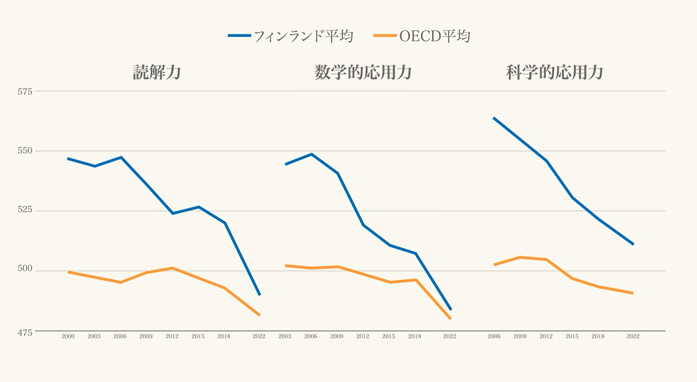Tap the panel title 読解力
(x=157, y=72)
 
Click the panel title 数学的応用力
(x=363, y=72)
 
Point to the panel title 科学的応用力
(x=554, y=72)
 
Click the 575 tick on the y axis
(x=25, y=91)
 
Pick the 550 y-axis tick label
(x=25, y=151)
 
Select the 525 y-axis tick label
(x=25, y=210)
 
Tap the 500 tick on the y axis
(x=25, y=269)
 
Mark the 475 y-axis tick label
(x=25, y=333)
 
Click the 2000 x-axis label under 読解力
(x=68, y=336)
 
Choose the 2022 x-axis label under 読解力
(x=259, y=336)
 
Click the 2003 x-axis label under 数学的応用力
(x=285, y=336)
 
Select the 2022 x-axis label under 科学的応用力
(x=633, y=336)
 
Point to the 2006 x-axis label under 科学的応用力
(x=494, y=336)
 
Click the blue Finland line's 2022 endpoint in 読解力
(x=260, y=295)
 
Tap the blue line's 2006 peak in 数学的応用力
(x=311, y=154)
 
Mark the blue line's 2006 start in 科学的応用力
(x=494, y=118)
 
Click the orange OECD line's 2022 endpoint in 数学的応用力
(x=450, y=318)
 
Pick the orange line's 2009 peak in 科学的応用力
(x=520, y=257)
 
